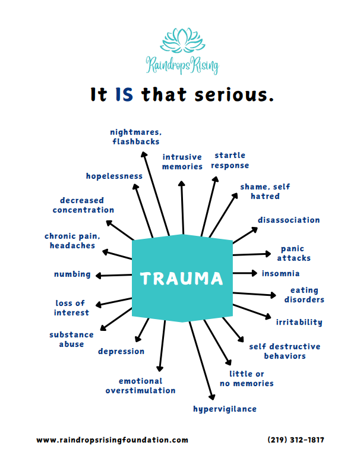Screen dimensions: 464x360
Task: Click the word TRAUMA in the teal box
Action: click(x=182, y=278)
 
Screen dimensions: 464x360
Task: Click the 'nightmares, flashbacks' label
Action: click(x=135, y=137)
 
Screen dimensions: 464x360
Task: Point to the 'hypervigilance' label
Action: click(x=225, y=409)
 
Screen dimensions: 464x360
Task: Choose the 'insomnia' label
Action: click(x=280, y=273)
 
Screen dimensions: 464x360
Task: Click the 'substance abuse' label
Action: click(x=71, y=339)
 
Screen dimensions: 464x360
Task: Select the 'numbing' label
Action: click(x=72, y=274)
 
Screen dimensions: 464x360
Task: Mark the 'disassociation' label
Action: click(x=289, y=220)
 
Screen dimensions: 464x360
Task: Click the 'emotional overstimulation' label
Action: click(x=141, y=386)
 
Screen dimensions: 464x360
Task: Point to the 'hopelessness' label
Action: click(x=114, y=176)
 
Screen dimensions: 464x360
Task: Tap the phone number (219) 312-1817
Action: click(x=295, y=440)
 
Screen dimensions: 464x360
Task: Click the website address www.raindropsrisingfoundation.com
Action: click(x=112, y=440)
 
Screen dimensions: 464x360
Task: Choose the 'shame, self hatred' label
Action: click(x=265, y=191)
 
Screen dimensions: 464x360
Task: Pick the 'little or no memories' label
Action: click(x=251, y=378)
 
